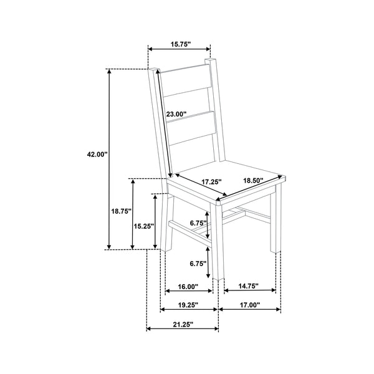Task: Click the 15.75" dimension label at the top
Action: [181, 44]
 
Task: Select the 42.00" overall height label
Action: [97, 155]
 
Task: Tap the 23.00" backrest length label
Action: [176, 114]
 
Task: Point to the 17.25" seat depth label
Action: [211, 182]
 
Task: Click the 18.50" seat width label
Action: [253, 180]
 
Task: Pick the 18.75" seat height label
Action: [122, 211]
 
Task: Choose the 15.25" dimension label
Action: [143, 226]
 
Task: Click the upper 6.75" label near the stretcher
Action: [198, 223]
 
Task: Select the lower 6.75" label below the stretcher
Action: [198, 264]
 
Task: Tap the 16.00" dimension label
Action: [188, 287]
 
